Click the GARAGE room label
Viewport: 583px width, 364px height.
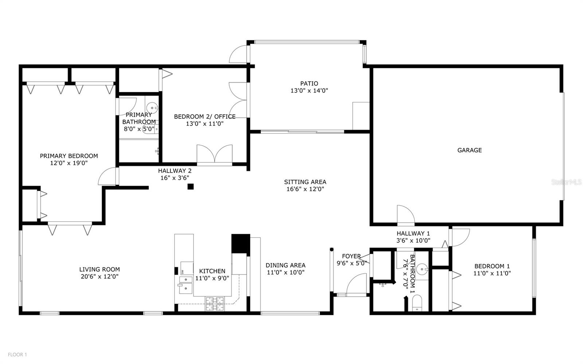[469, 150]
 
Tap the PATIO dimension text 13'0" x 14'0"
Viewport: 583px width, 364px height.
[309, 91]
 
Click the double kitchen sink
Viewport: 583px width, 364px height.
[185, 284]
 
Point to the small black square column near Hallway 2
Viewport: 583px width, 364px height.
[190, 187]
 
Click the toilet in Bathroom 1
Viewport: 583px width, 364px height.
[417, 303]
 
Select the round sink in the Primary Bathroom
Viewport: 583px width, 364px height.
[152, 107]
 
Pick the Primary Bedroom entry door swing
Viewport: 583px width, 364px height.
[107, 177]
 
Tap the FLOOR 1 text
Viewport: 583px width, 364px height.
[17, 354]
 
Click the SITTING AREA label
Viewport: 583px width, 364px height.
[305, 182]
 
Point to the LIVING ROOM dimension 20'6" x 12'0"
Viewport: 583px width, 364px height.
[99, 277]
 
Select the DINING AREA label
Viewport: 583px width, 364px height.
[285, 265]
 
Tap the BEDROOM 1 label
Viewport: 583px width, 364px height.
[492, 266]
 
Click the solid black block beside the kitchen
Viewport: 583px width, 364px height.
[240, 244]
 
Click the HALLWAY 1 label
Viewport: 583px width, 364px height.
[413, 233]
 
